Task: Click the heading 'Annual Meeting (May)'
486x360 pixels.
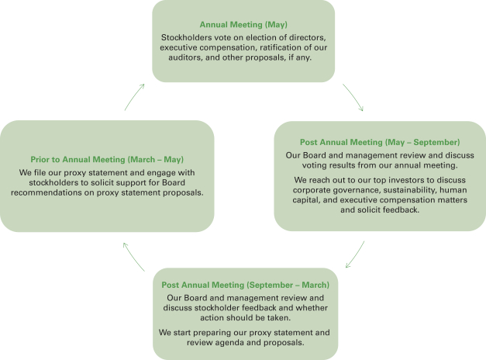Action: pos(243,24)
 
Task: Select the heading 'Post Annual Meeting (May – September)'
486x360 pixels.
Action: pos(380,143)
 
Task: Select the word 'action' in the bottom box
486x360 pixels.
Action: pos(209,317)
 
